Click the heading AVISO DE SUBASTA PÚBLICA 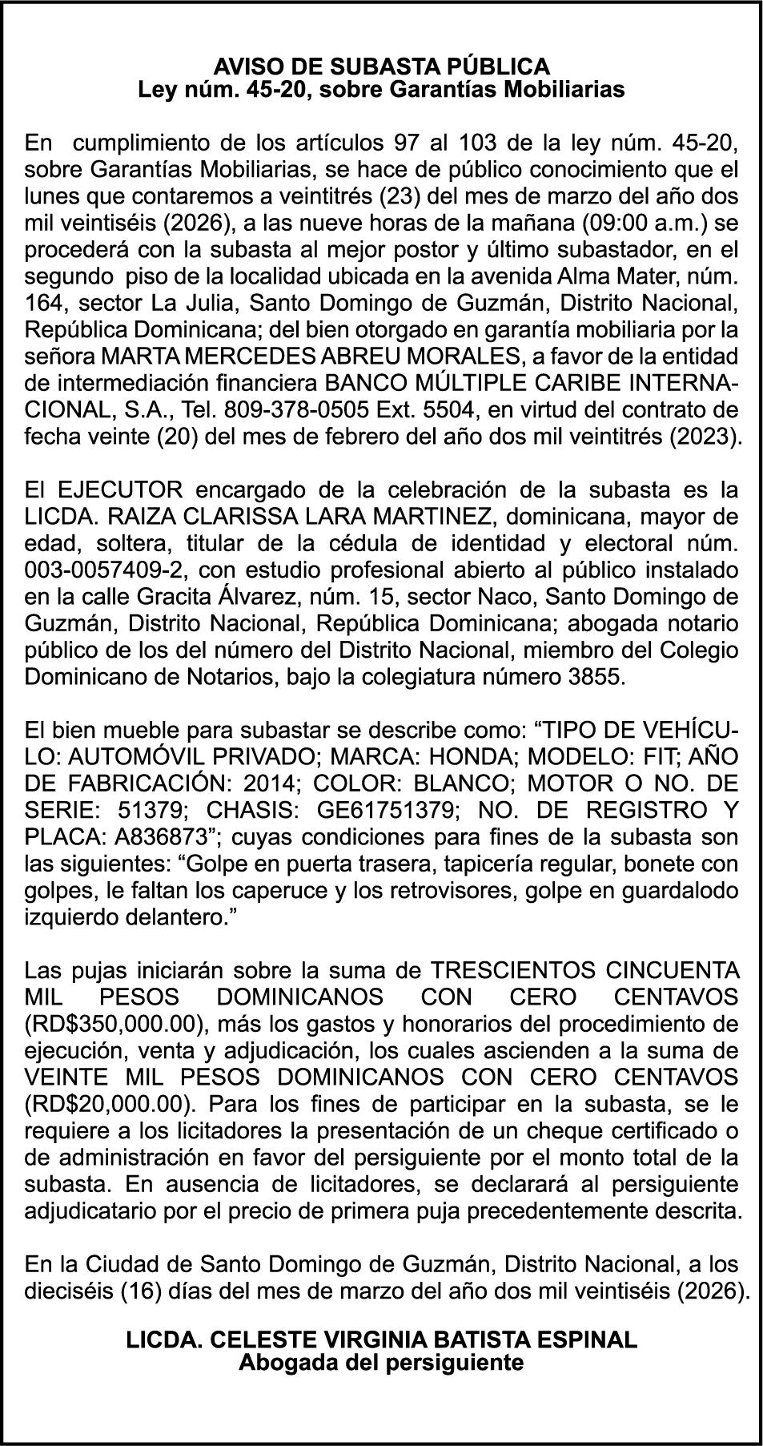tap(381, 65)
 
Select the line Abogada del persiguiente tap(381, 1362)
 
